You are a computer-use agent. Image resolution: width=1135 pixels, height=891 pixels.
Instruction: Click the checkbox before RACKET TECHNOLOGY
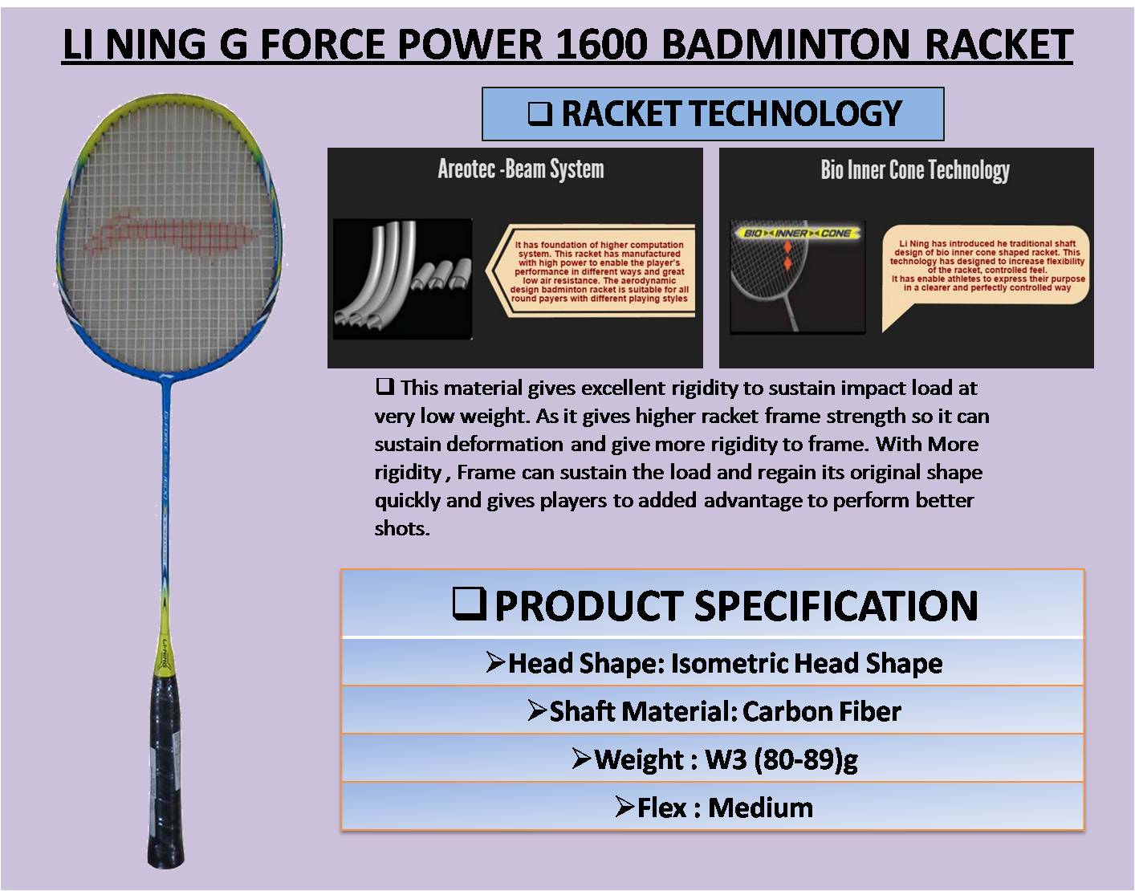click(x=539, y=114)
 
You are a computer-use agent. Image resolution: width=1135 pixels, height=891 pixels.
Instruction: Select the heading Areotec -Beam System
click(x=520, y=169)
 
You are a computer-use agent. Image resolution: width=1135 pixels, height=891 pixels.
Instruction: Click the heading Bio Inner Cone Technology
click(x=914, y=170)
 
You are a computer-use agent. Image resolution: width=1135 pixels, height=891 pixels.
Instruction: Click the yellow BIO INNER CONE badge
click(x=799, y=233)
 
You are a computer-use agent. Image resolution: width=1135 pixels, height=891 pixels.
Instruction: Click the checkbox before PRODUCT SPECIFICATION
click(x=469, y=604)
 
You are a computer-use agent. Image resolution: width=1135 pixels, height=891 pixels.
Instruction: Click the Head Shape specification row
click(x=713, y=663)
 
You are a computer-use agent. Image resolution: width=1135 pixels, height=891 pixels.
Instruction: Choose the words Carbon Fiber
click(x=821, y=711)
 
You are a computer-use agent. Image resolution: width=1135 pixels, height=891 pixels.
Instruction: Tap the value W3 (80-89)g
click(x=780, y=759)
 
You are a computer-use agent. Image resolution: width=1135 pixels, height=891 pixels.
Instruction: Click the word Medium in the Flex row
click(x=760, y=808)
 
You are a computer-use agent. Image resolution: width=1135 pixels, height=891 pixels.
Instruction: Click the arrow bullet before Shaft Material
click(x=537, y=710)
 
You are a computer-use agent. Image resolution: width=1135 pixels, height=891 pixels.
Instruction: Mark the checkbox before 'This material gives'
click(x=384, y=387)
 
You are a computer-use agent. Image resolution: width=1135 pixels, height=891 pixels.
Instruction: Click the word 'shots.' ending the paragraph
click(x=402, y=528)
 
